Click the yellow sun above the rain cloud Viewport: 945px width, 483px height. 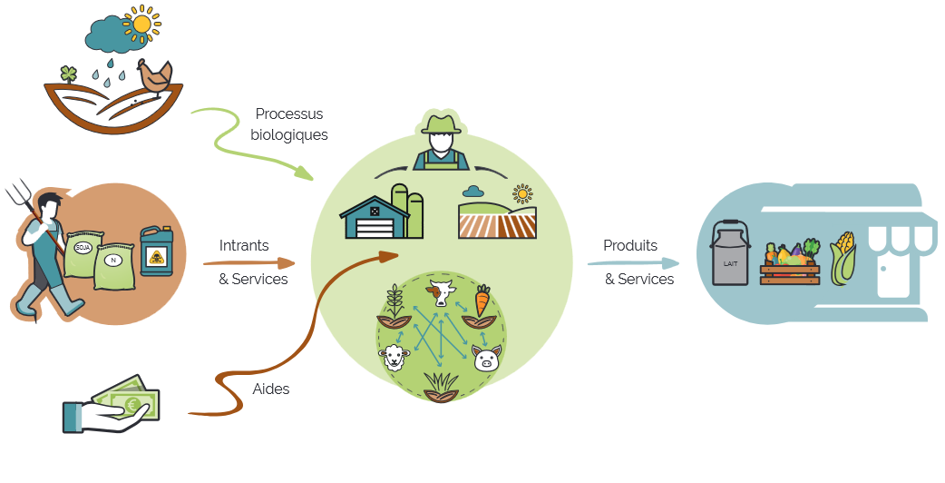141,25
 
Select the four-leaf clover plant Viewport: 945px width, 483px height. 69,74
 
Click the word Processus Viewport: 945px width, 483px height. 289,114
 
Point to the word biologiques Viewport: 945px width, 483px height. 289,134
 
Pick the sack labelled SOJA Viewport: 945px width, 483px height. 84,254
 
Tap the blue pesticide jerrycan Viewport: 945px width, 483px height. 157,251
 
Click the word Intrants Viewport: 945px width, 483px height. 244,245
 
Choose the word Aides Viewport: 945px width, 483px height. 271,389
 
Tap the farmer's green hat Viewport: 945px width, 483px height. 441,123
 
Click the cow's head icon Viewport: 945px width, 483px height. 442,293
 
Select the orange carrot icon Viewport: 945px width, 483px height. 482,301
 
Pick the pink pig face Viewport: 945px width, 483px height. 486,359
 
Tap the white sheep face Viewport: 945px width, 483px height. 395,357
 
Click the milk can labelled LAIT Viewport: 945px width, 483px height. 731,252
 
